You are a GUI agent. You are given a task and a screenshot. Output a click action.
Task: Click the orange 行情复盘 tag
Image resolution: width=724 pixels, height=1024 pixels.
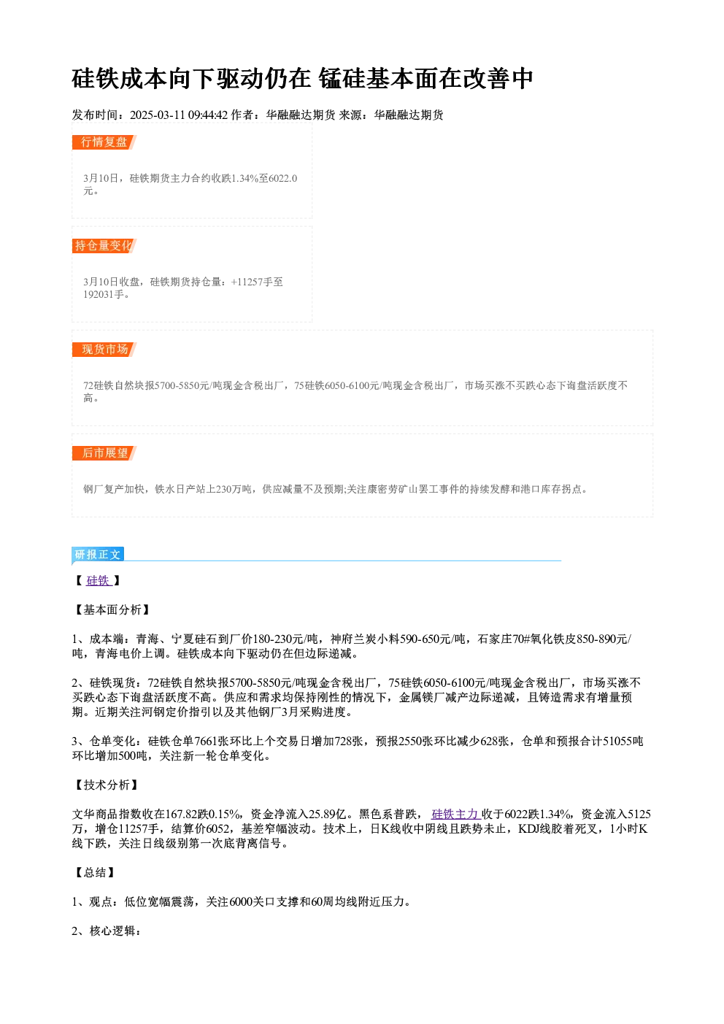click(x=104, y=142)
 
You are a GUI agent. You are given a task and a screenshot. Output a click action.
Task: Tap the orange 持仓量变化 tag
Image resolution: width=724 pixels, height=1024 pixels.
click(x=104, y=246)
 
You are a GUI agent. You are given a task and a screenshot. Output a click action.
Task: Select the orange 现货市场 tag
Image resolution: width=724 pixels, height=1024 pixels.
click(x=104, y=350)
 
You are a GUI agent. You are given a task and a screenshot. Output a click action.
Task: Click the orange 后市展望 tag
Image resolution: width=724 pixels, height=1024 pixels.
click(x=104, y=453)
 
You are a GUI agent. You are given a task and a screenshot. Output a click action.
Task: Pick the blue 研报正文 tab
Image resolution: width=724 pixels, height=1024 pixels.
click(x=98, y=555)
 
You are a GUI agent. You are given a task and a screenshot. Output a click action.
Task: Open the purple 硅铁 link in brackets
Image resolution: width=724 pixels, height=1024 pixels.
click(x=99, y=581)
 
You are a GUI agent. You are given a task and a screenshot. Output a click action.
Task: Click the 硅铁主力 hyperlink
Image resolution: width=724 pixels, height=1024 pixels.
click(x=455, y=815)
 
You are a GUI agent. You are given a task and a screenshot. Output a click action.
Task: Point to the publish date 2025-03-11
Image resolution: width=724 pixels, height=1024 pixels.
click(x=157, y=115)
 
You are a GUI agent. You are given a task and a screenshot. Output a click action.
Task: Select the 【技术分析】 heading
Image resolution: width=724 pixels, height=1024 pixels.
click(x=107, y=785)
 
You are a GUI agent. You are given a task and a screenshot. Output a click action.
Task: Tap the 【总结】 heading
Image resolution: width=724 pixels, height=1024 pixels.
click(x=95, y=872)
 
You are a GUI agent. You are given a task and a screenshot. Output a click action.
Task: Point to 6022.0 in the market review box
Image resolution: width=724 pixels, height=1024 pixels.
click(x=283, y=178)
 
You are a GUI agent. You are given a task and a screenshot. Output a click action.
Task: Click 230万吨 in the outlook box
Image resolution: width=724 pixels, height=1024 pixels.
click(x=233, y=489)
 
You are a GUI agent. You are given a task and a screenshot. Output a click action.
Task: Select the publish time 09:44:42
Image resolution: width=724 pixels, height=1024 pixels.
click(x=208, y=115)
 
